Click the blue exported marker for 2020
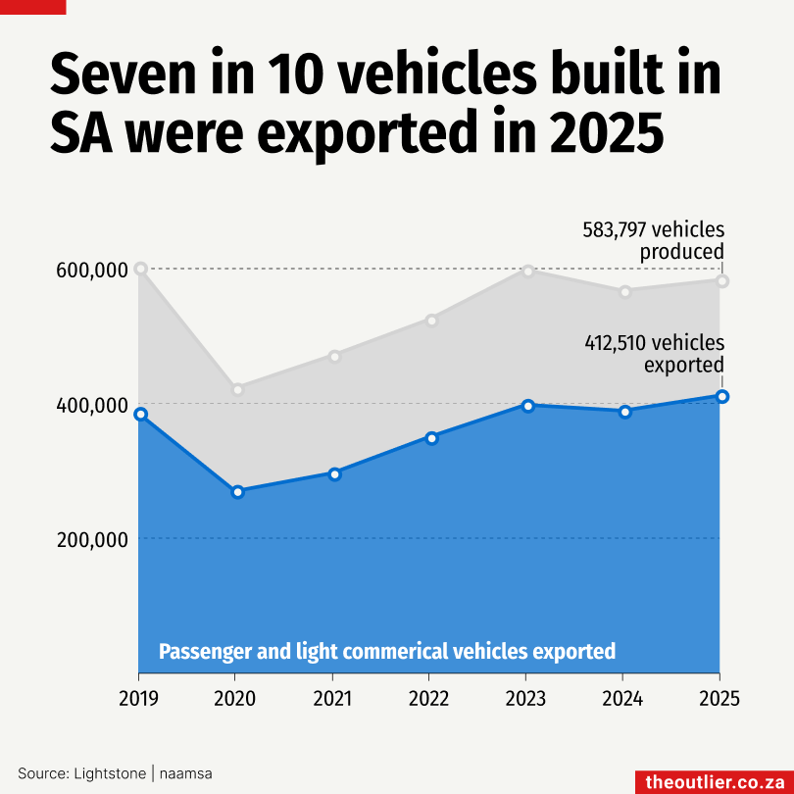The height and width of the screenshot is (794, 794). coord(237,491)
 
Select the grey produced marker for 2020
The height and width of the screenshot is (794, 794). coord(237,389)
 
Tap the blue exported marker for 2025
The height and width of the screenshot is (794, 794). coord(721,396)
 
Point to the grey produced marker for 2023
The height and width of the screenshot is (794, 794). coord(527,271)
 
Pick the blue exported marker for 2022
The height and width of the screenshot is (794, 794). coord(431,437)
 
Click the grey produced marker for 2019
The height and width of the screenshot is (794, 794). coord(141,269)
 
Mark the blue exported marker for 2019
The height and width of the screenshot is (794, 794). coord(141,415)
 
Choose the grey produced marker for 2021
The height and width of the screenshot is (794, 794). coord(334,356)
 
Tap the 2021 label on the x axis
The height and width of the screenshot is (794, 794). coord(332,699)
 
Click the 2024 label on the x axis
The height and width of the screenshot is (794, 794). coord(622,699)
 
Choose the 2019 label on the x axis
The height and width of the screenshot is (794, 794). coord(139,699)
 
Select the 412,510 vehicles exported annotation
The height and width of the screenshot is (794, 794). coord(655,354)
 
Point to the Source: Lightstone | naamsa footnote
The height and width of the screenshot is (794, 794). coord(115,773)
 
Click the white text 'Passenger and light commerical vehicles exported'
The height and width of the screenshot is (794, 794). coord(387,652)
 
